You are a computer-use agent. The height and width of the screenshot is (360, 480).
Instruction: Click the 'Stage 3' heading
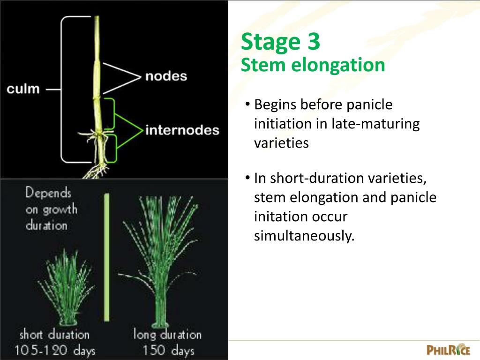pyautogui.click(x=280, y=42)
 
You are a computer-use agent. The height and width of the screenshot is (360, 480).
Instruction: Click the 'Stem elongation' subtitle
pyautogui.click(x=313, y=65)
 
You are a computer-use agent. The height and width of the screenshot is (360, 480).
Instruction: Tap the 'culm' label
pyautogui.click(x=23, y=89)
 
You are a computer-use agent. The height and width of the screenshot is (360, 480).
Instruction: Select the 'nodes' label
pyautogui.click(x=166, y=76)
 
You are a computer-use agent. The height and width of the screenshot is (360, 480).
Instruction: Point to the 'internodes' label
pyautogui.click(x=182, y=130)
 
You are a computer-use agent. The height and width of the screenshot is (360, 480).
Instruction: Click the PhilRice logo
pyautogui.click(x=448, y=349)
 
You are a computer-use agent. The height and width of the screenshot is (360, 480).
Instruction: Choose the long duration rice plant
pyautogui.click(x=162, y=262)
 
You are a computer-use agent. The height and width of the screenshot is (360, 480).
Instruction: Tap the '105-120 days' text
pyautogui.click(x=54, y=350)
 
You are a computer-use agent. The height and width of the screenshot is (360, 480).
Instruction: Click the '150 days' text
pyautogui.click(x=168, y=350)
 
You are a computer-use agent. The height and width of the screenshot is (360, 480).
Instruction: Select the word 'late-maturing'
pyautogui.click(x=375, y=124)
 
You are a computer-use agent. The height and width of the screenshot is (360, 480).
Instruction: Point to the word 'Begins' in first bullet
pyautogui.click(x=275, y=105)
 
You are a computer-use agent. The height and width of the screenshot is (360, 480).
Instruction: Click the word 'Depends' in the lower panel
pyautogui.click(x=48, y=193)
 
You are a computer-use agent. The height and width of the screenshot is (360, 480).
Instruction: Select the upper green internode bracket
pyautogui.click(x=112, y=114)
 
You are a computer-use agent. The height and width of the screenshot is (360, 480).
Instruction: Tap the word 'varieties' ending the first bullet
pyautogui.click(x=281, y=143)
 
